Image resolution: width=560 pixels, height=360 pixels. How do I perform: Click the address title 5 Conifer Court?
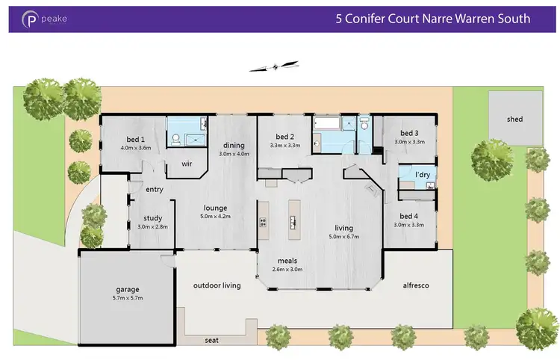[433, 19]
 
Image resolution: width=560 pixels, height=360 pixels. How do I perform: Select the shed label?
[514, 119]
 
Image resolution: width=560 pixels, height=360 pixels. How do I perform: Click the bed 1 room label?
[134, 140]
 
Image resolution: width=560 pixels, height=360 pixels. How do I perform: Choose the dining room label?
[234, 146]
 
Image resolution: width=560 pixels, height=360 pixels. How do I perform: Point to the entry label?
[155, 190]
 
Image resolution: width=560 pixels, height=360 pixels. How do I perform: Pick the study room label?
[152, 219]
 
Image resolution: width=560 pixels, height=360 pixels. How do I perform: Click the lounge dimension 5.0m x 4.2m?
[215, 216]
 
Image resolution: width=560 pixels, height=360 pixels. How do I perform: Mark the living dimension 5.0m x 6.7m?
[343, 236]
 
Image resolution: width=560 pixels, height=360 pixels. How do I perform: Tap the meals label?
[287, 261]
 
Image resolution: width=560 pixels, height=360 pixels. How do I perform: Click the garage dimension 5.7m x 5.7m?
[128, 297]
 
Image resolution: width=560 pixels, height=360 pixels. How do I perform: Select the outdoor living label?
[217, 285]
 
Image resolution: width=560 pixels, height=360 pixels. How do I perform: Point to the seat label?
[212, 341]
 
